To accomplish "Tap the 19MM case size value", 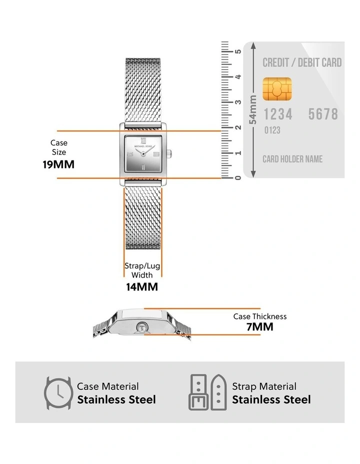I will point(58,164).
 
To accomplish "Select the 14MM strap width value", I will point(142,287).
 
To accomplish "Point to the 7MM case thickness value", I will point(260,327).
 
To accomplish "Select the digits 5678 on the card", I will point(323,114).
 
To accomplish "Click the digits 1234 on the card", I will point(278,114).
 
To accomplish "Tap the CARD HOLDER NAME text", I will point(292,159).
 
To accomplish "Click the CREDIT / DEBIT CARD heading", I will point(302,62).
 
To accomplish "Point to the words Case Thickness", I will point(260,316).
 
